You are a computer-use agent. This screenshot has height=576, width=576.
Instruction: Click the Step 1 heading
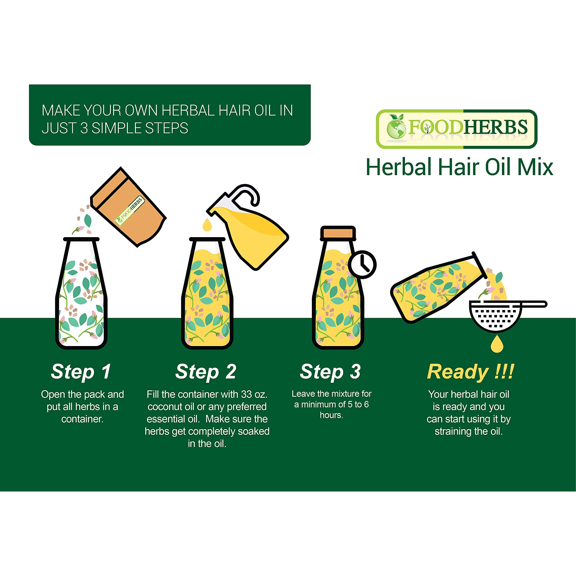[81, 372]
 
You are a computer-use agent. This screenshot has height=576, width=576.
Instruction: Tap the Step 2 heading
[206, 372]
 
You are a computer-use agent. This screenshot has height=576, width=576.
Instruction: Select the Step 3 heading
[330, 371]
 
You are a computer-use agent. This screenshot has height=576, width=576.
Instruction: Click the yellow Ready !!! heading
[470, 372]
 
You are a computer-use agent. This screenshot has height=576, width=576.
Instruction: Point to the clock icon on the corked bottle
[362, 264]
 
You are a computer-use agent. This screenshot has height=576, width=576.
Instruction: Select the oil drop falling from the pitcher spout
[207, 225]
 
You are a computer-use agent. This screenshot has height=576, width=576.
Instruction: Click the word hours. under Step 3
[331, 415]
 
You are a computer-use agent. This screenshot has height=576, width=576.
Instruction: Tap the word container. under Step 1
[82, 419]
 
